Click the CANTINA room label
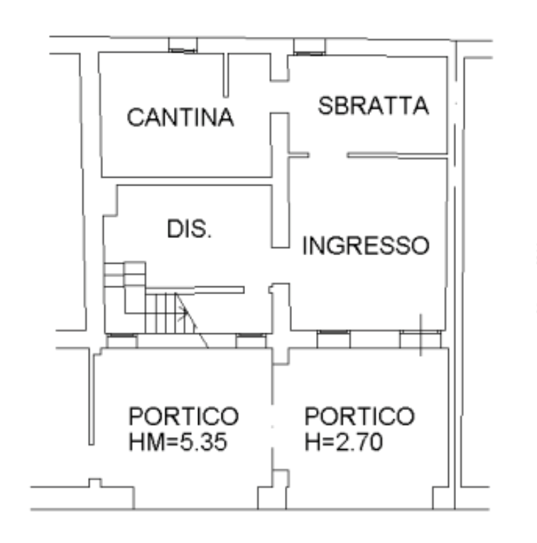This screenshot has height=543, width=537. tap(180, 117)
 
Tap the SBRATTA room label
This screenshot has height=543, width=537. tap(374, 106)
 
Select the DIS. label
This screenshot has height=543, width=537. tap(189, 229)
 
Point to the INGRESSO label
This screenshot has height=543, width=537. tap(366, 245)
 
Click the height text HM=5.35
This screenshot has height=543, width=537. tap(178, 442)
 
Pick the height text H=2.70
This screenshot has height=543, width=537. tap(344, 442)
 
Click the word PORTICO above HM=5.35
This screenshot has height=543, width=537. tap(184, 416)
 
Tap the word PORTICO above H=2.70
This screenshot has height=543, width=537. tap(359, 416)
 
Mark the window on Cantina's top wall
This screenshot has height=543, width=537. tap(183, 45)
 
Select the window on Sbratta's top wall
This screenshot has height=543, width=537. tap(309, 47)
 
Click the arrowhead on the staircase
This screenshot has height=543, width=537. tap(183, 313)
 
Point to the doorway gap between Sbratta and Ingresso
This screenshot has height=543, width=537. tap(328, 156)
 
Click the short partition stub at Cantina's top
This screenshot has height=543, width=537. tap(226, 75)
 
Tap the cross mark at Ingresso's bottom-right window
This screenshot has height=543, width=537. tap(421, 335)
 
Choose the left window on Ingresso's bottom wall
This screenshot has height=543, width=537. tap(334, 339)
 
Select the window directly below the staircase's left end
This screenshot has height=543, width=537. tap(121, 340)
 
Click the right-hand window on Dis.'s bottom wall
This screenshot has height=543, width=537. tap(251, 340)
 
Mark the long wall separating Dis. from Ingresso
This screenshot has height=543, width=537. tap(281, 181)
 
